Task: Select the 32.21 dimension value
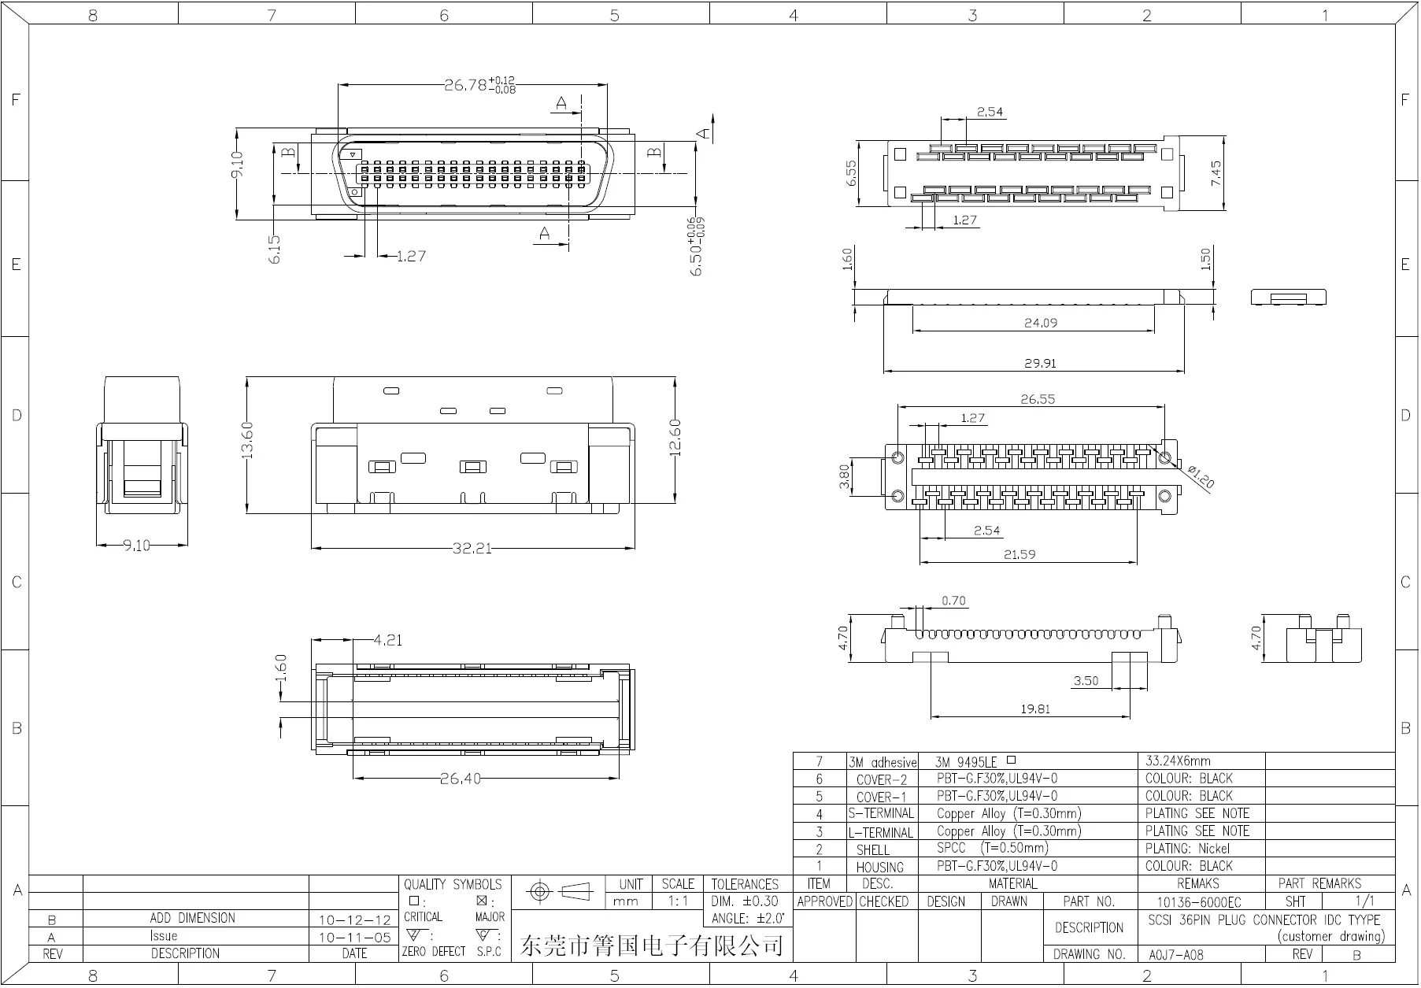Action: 472,548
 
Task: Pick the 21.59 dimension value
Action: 1019,555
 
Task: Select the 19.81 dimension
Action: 1034,709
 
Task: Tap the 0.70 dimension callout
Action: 953,601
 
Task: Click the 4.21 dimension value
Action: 387,641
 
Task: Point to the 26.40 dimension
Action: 460,779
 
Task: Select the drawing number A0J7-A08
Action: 1175,955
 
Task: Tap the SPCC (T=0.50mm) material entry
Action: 992,849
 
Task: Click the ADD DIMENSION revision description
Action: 192,919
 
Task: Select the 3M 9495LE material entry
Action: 966,762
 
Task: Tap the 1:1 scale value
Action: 677,901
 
